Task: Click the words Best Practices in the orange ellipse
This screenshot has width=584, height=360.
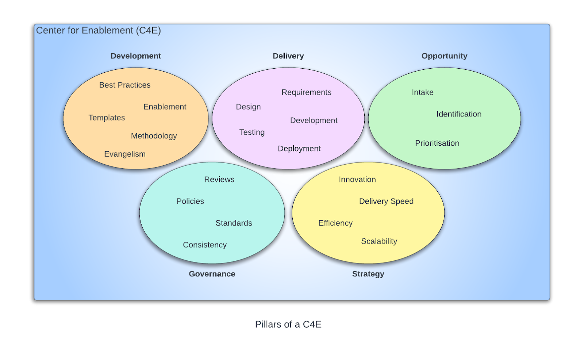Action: pyautogui.click(x=125, y=85)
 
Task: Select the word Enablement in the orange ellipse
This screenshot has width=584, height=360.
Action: pyautogui.click(x=165, y=107)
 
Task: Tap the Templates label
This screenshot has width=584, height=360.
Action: pyautogui.click(x=107, y=118)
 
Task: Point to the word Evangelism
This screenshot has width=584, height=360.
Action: pyautogui.click(x=125, y=154)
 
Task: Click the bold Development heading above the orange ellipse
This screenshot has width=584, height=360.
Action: pyautogui.click(x=136, y=56)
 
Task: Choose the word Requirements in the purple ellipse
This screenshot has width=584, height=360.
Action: pyautogui.click(x=306, y=92)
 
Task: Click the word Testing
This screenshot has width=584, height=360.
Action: pyautogui.click(x=252, y=132)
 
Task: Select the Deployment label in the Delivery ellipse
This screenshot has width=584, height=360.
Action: pyautogui.click(x=299, y=149)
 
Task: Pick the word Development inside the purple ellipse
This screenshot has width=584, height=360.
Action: pyautogui.click(x=314, y=120)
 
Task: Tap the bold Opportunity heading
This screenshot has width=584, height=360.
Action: pyautogui.click(x=444, y=56)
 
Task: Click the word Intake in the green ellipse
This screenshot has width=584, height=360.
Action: pyautogui.click(x=423, y=92)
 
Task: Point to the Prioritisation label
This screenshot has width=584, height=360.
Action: pyautogui.click(x=437, y=143)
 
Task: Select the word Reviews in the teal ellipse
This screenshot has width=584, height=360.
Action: pyautogui.click(x=219, y=180)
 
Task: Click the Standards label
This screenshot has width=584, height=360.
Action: pyautogui.click(x=234, y=223)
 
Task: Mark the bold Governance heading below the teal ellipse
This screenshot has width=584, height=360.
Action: pyautogui.click(x=212, y=274)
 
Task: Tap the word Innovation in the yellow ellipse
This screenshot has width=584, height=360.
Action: pyautogui.click(x=357, y=180)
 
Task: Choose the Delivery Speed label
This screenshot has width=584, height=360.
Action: pyautogui.click(x=386, y=201)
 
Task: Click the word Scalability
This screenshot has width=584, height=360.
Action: pyautogui.click(x=379, y=241)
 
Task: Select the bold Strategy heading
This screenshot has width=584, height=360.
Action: pyautogui.click(x=368, y=274)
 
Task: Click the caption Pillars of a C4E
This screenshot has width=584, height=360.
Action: pyautogui.click(x=288, y=324)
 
